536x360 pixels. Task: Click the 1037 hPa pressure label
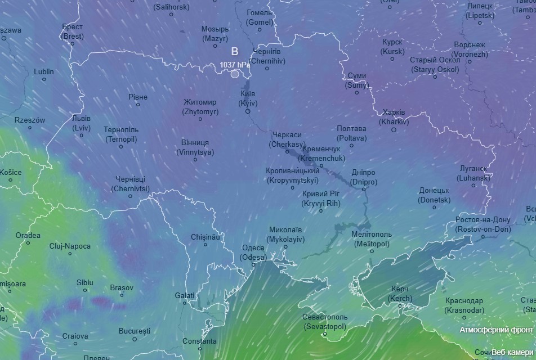point(235,65)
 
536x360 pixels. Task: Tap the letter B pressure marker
point(235,51)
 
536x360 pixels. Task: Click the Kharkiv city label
point(394,116)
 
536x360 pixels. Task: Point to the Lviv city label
point(81,123)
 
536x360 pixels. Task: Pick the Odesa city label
point(253,253)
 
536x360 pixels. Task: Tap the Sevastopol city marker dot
point(325,335)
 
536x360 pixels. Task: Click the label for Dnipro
point(363,177)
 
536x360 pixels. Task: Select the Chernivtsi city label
point(131,183)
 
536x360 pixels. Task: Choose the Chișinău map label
point(205,237)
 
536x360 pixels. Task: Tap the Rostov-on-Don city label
point(483,224)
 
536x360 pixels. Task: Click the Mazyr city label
point(216,34)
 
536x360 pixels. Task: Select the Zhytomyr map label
point(200,107)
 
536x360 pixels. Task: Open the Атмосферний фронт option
point(496,330)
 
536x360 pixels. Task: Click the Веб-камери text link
point(511,352)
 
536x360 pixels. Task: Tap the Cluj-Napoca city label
point(70,246)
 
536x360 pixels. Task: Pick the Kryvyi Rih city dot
point(321,211)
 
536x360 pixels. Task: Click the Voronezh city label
point(470,49)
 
